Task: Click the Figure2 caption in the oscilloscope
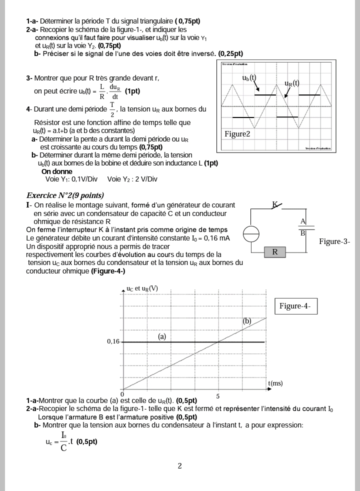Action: coord(237,134)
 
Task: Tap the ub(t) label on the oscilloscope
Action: coord(249,77)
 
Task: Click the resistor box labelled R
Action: coord(274,252)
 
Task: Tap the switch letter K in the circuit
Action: coord(274,204)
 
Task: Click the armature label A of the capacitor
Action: coord(303,221)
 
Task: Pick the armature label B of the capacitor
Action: coord(302,233)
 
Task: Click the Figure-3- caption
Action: coord(334,241)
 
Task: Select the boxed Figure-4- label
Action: coord(295,306)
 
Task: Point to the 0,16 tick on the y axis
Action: coord(113,342)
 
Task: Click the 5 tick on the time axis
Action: coord(217,396)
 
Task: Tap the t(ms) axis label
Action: coord(275,383)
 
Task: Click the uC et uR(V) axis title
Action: coord(142,288)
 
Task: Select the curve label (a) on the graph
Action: coord(162,336)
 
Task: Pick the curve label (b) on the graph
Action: coord(247,321)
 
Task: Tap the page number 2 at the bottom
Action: coord(180,466)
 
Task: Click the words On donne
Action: coord(56,172)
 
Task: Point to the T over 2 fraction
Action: coord(112,109)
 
